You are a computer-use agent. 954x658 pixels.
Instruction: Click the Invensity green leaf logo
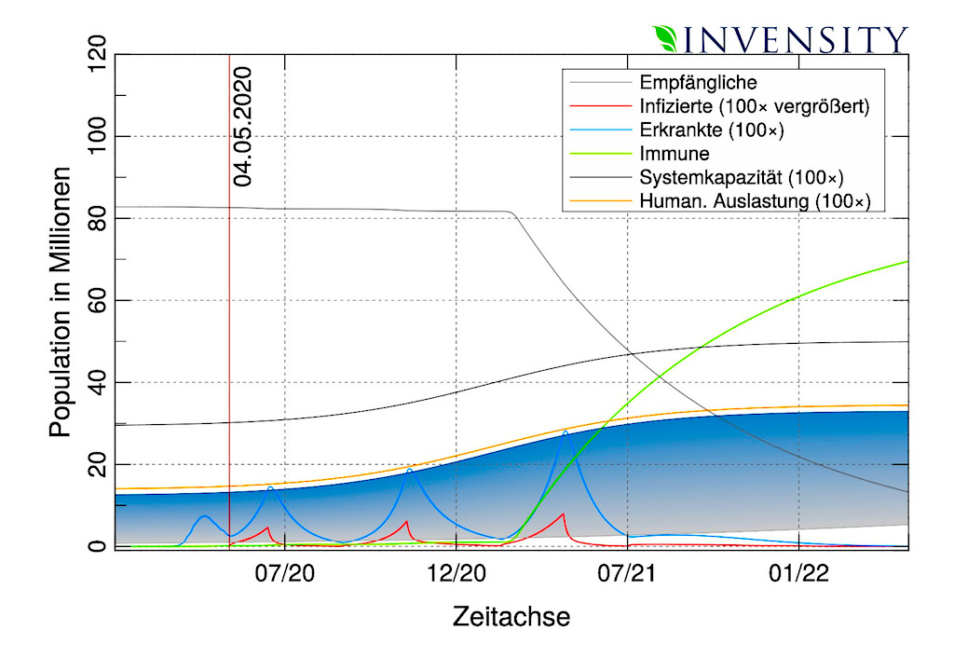[667, 38]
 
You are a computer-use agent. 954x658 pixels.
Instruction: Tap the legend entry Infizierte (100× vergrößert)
[755, 106]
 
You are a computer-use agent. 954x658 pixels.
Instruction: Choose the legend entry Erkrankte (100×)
[712, 130]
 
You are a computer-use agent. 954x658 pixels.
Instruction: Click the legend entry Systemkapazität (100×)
[742, 177]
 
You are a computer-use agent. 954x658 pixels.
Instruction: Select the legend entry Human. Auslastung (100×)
[755, 200]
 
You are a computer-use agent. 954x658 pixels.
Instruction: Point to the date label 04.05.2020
[244, 127]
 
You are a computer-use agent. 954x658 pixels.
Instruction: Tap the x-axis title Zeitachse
[511, 616]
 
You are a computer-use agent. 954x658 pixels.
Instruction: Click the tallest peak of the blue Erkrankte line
[565, 431]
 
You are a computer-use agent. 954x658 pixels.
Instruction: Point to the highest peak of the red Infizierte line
[563, 514]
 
